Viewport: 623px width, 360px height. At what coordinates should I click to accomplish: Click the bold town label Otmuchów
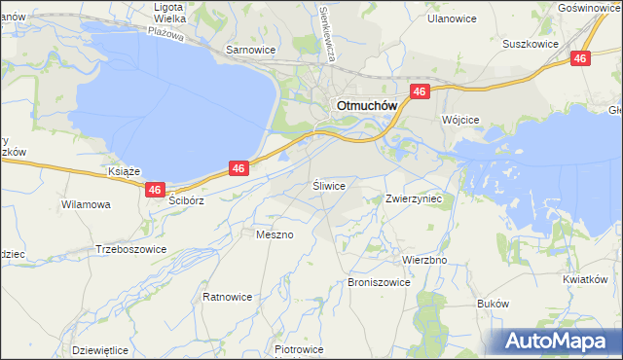tap(363, 106)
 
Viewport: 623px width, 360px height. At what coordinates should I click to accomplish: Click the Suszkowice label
tap(529, 44)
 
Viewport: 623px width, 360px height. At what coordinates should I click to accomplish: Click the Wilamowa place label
tap(86, 205)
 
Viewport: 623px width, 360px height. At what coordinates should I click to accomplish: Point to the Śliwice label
tap(329, 184)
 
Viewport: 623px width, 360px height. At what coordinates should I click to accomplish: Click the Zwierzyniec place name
tap(414, 198)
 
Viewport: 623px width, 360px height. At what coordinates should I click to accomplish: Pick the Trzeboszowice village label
tap(131, 249)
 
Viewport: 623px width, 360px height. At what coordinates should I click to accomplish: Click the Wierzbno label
tap(424, 261)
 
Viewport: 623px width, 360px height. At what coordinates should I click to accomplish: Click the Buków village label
tap(494, 304)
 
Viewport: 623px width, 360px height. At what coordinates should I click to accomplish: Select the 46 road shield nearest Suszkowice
tap(580, 59)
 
